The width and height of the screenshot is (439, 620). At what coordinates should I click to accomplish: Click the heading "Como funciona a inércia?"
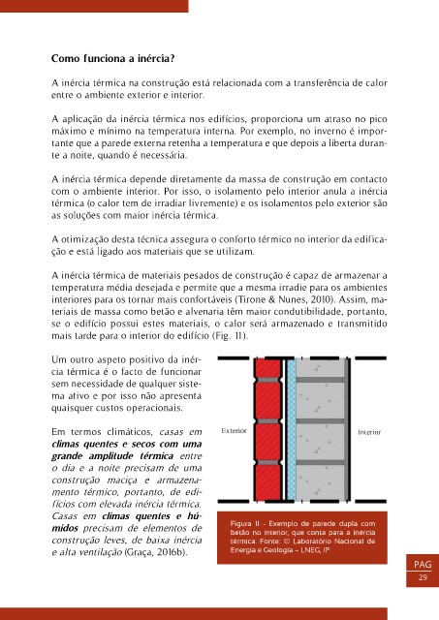coord(112,59)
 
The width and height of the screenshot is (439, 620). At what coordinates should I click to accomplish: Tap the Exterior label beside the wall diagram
coord(235,430)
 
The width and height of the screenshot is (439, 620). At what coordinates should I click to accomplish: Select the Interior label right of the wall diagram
coord(369,432)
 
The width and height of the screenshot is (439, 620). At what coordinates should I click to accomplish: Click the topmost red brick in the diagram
coord(267,368)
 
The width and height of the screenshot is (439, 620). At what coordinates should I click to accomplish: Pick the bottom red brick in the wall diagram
coord(267,482)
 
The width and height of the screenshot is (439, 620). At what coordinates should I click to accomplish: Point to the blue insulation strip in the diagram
coord(292,429)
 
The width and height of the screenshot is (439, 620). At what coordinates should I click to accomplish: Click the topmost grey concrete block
coord(321,368)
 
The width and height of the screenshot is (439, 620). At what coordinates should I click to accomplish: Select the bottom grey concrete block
coord(321,482)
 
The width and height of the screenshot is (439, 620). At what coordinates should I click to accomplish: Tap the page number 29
coord(423,577)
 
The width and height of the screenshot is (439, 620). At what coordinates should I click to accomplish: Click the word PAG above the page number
coord(423,564)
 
